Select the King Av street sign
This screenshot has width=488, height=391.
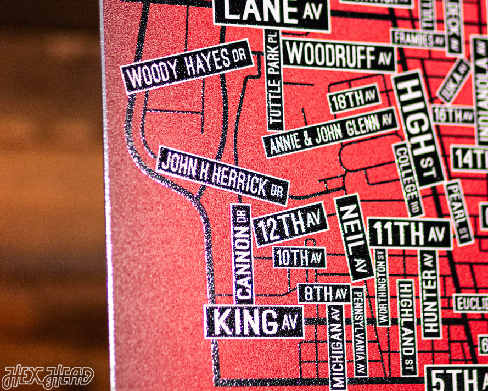click(x=254, y=322)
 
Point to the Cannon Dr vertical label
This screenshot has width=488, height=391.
click(x=242, y=254)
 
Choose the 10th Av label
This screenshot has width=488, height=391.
click(x=299, y=257)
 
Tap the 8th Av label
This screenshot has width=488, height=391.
click(x=324, y=293)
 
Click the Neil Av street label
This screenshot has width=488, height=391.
click(x=354, y=236)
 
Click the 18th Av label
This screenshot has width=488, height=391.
click(x=354, y=99)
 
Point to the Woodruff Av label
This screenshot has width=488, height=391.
click(x=339, y=56)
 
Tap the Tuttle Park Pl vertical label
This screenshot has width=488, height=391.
click(x=274, y=80)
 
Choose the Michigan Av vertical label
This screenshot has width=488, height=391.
click(x=336, y=346)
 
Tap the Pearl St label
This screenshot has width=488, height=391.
click(x=458, y=212)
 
